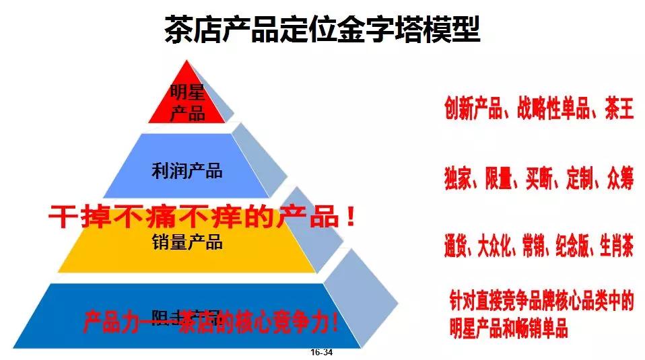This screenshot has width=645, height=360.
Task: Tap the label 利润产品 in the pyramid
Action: (187, 171)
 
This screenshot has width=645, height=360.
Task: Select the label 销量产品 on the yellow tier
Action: (187, 242)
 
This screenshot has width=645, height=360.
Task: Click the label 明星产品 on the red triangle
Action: (187, 102)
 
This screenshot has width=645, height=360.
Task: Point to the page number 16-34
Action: (322, 353)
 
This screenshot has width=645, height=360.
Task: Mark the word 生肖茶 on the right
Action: (615, 248)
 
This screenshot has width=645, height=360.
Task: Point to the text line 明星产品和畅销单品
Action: (508, 329)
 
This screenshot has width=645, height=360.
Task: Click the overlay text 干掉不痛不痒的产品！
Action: (202, 217)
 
